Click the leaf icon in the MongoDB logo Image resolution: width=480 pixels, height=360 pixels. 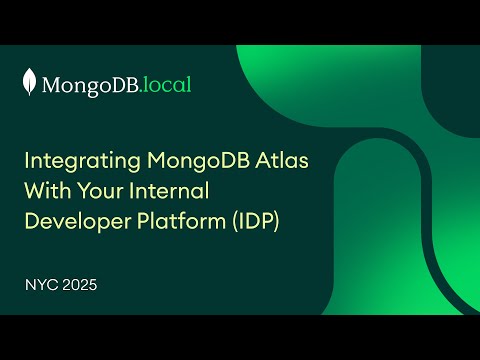31,83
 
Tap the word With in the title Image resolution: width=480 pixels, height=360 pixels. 46,190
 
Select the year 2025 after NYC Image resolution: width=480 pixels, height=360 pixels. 80,285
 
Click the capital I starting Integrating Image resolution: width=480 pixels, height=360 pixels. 27,160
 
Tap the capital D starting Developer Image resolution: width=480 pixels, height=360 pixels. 31,221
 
